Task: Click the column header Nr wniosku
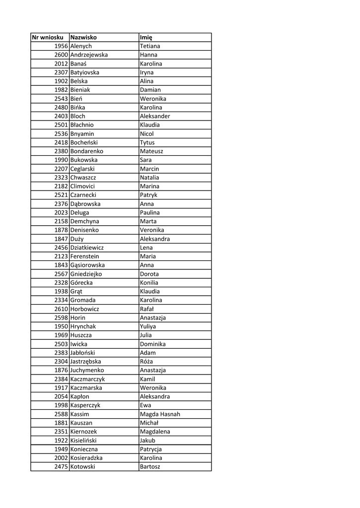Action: (48, 37)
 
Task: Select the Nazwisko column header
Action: (83, 37)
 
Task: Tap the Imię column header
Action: (146, 37)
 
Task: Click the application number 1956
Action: (61, 46)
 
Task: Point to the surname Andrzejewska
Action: (89, 55)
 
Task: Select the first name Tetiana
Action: (150, 46)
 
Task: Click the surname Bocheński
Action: (84, 142)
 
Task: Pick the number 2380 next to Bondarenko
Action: (61, 151)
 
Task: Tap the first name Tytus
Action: (147, 142)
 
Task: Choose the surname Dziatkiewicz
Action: (87, 248)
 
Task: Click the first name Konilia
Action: (149, 283)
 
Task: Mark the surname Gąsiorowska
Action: (87, 265)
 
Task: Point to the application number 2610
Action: (61, 309)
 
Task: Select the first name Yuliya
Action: (148, 326)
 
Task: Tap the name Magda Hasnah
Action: (160, 414)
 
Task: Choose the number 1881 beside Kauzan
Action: (61, 423)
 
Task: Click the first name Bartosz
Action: (150, 467)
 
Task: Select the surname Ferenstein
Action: (84, 256)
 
